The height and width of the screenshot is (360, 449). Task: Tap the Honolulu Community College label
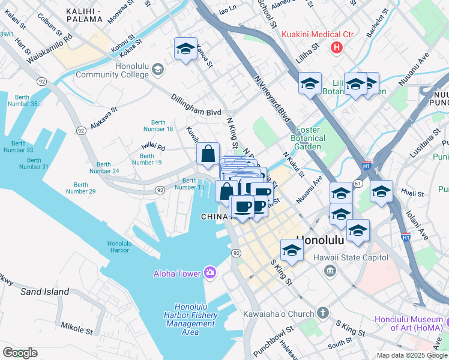tap(112, 70)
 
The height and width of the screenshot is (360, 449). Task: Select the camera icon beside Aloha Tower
tap(209, 273)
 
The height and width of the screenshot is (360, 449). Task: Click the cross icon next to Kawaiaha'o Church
tap(323, 313)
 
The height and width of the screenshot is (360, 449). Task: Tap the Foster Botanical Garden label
tap(310, 138)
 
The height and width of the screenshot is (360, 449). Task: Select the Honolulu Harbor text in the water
tap(118, 247)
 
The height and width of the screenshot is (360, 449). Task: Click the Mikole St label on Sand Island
tap(76, 328)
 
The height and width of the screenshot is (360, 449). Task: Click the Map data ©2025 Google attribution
tap(411, 355)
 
